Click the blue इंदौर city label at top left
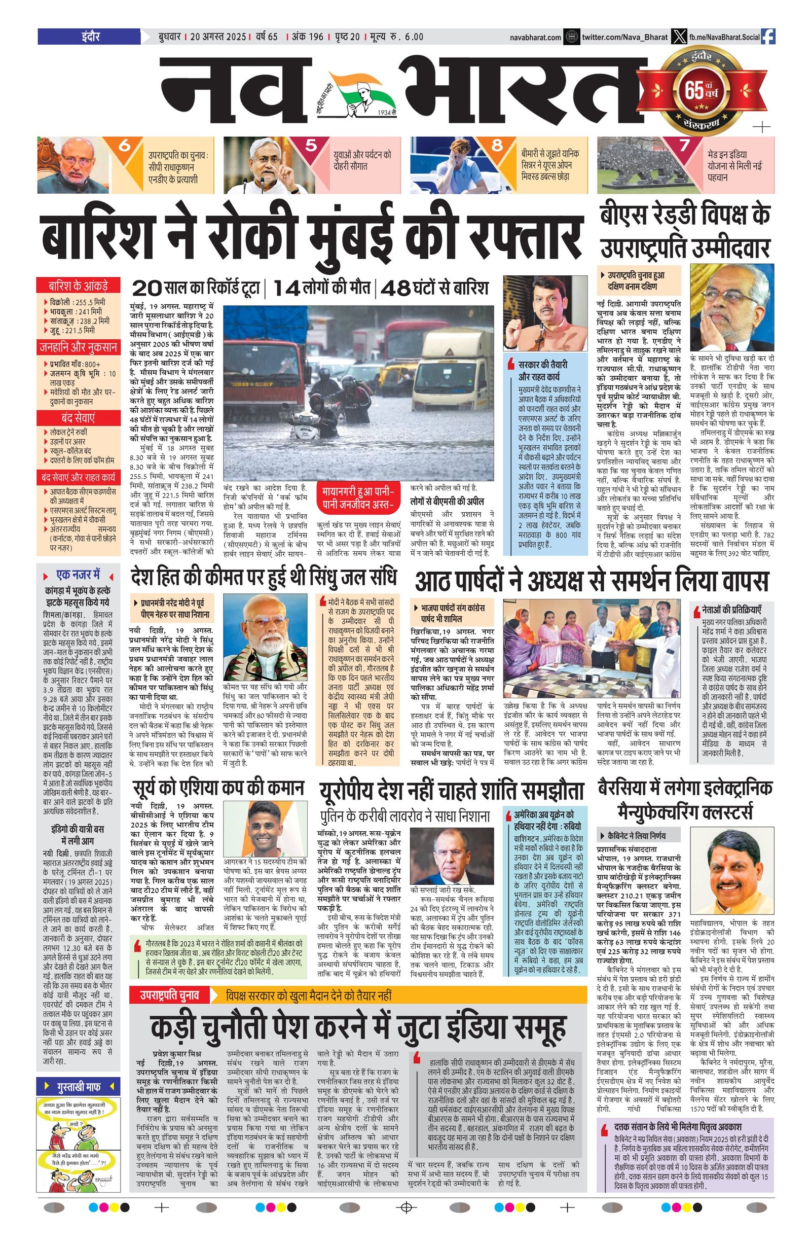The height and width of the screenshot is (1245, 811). coord(89,37)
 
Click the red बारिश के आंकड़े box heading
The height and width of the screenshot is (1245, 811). coord(78,286)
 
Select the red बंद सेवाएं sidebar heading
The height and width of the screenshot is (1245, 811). coord(78,418)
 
